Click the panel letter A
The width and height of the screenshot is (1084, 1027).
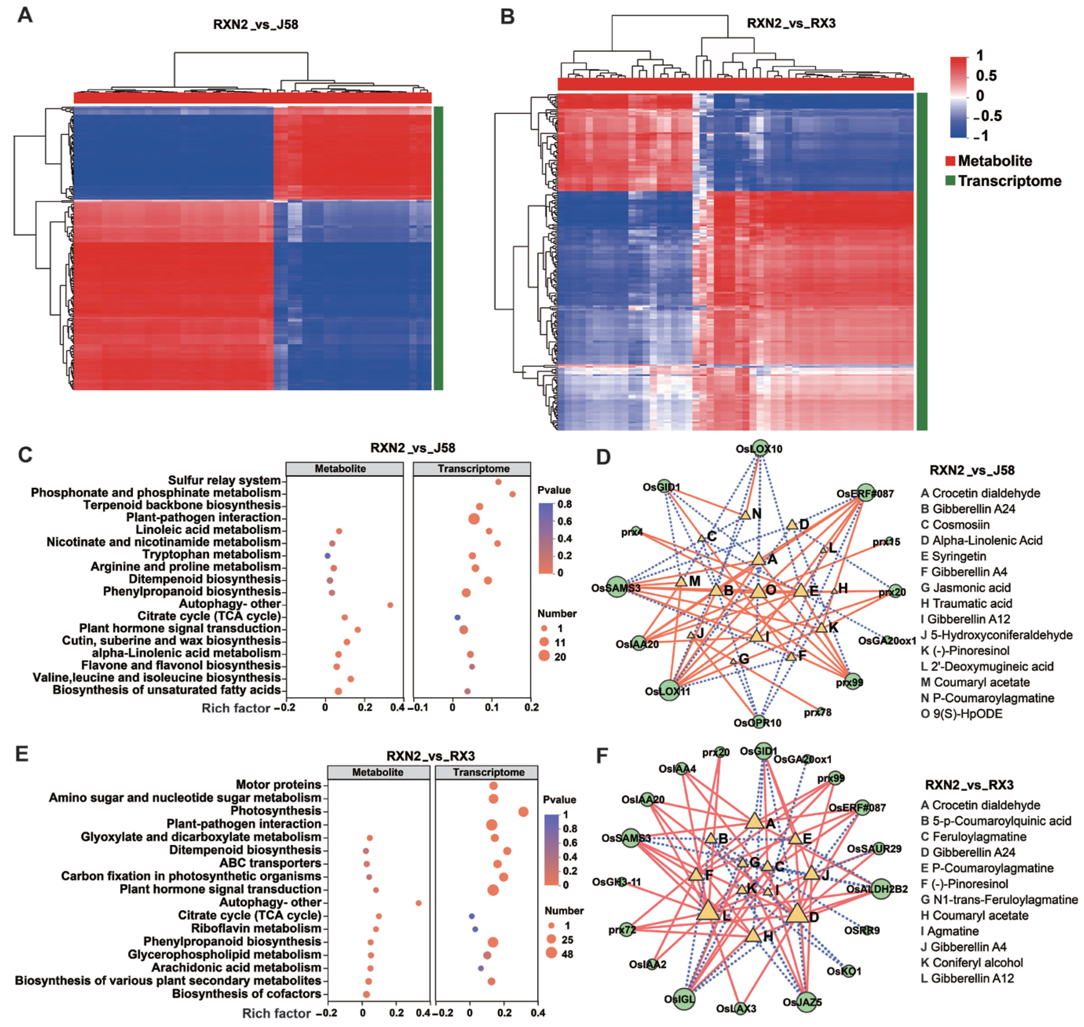(x=25, y=15)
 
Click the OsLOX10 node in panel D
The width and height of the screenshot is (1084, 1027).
(x=760, y=448)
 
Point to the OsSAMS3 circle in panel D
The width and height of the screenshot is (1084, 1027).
(x=617, y=587)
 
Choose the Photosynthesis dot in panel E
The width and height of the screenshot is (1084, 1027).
(x=523, y=812)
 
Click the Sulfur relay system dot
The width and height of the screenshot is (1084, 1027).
(x=498, y=482)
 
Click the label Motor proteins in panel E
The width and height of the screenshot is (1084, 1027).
(x=278, y=784)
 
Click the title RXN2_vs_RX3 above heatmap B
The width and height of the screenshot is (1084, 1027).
(x=791, y=23)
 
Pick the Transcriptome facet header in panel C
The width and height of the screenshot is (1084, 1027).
(x=473, y=469)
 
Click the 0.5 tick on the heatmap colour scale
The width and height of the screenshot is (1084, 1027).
(x=986, y=75)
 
